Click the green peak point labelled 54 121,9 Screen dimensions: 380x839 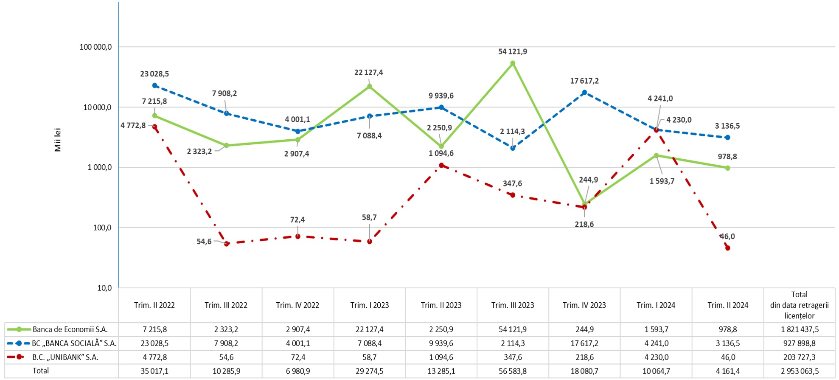click(513, 63)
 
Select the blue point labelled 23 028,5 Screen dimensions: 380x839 click(155, 85)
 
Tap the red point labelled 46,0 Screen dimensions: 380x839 click(727, 248)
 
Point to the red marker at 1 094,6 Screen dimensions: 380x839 click(441, 165)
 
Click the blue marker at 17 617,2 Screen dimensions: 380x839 click(584, 92)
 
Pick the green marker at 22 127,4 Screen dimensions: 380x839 click(370, 86)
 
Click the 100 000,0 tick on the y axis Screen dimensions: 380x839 click(95, 47)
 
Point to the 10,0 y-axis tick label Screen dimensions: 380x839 click(104, 288)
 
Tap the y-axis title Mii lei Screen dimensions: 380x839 click(58, 140)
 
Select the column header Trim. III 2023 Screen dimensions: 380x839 click(513, 305)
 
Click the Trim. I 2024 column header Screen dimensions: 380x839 click(656, 305)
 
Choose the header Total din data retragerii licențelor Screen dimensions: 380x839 click(799, 305)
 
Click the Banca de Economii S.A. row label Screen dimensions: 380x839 click(70, 329)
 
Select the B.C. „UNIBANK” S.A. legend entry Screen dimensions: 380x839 click(65, 357)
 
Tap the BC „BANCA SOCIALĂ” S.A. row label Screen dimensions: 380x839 click(74, 343)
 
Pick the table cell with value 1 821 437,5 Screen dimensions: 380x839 click(800, 329)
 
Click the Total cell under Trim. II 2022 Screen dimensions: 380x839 click(154, 371)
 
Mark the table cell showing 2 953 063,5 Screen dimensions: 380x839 click(800, 371)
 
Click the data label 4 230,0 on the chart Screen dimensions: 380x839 click(679, 120)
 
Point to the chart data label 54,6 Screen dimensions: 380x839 click(204, 242)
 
